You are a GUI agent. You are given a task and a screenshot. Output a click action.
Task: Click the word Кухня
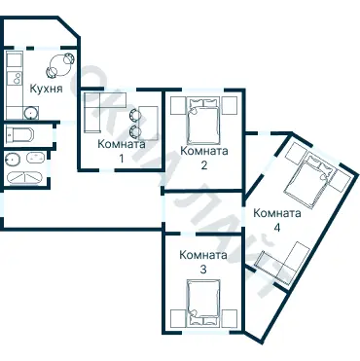pos(46,89)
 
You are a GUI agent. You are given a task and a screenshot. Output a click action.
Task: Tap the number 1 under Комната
pos(122,159)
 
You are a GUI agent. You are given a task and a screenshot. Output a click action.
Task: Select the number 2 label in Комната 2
pos(204,165)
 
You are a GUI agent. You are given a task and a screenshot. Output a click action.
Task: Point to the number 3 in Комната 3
pos(203,270)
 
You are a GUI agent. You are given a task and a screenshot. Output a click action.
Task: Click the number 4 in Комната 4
pos(276,228)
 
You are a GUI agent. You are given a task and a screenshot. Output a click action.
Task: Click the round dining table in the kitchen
pos(59,65)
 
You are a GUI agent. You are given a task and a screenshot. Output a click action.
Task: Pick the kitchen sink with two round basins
pos(15,78)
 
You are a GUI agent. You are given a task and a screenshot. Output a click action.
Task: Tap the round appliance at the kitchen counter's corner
pos(30,113)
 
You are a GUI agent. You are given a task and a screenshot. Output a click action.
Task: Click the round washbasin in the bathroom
pos(13,159)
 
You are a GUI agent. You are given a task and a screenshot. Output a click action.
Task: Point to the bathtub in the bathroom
pos(24,178)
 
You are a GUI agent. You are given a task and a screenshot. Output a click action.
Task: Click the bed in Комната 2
pos(203,121)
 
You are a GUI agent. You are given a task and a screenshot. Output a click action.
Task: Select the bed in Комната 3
pos(203,304)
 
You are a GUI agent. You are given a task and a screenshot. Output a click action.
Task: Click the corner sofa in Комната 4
pos(285,263)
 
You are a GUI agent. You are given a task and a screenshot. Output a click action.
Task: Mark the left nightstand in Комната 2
pos(178,105)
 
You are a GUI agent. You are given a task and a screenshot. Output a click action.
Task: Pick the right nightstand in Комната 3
pos(230,318)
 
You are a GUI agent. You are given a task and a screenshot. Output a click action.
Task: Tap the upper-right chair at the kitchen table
pos(69,58)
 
